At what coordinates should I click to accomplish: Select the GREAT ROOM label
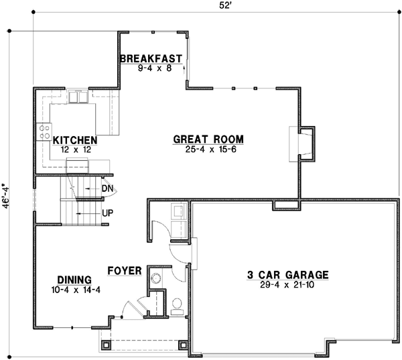pyautogui.click(x=208, y=139)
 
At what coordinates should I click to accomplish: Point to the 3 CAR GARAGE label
pyautogui.click(x=287, y=274)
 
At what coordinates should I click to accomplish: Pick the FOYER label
pyautogui.click(x=125, y=272)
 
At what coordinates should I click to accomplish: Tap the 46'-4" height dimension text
pyautogui.click(x=6, y=196)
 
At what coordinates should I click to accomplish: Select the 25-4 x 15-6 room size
pyautogui.click(x=208, y=149)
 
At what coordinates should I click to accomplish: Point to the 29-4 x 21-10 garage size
pyautogui.click(x=287, y=284)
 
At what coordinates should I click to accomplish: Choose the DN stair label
pyautogui.click(x=107, y=188)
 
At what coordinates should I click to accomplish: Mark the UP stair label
pyautogui.click(x=107, y=213)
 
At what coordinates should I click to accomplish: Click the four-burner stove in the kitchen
pyautogui.click(x=45, y=131)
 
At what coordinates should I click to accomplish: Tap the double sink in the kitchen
pyautogui.click(x=78, y=97)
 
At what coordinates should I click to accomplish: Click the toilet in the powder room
pyautogui.click(x=177, y=306)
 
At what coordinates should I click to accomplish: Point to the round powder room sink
pyautogui.click(x=156, y=278)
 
